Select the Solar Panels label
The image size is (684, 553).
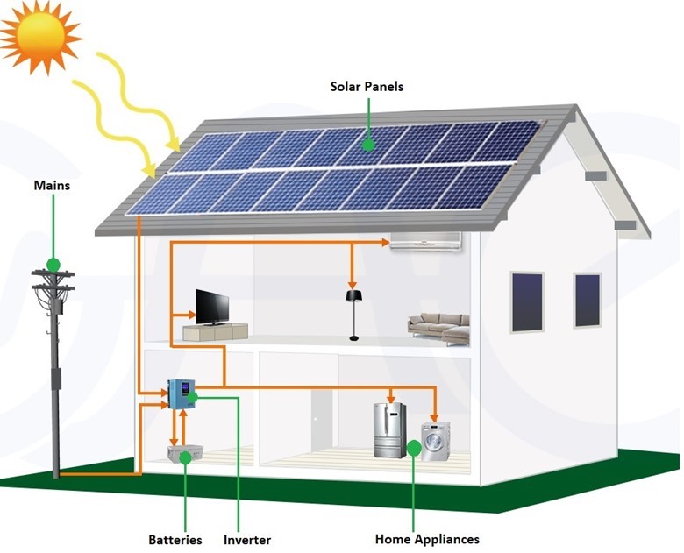tap(367, 87)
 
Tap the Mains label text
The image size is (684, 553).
tap(52, 185)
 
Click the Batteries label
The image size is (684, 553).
tap(175, 540)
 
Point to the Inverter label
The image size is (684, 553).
tap(246, 540)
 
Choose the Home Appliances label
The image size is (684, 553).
tap(427, 540)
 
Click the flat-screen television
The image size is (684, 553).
tap(212, 307)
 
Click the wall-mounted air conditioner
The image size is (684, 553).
tap(425, 241)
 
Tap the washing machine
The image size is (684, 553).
tap(436, 441)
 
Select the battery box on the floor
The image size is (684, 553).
tap(185, 454)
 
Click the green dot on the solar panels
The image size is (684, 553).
tap(368, 144)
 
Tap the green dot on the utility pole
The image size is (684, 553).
tap(53, 264)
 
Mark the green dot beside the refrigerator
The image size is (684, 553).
tap(414, 449)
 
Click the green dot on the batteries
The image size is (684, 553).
tap(185, 457)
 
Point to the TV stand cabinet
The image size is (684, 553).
tap(215, 332)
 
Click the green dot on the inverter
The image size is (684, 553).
tap(193, 396)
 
